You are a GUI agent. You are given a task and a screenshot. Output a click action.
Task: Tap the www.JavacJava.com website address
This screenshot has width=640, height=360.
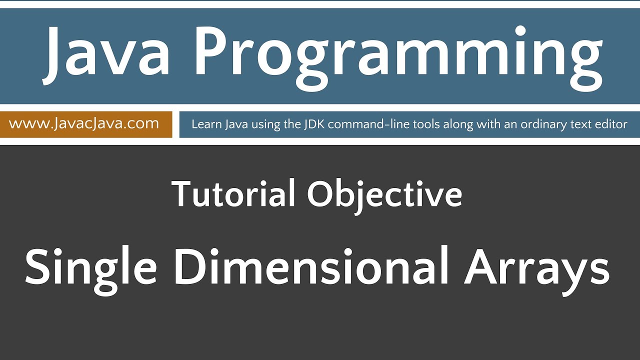pos(84,123)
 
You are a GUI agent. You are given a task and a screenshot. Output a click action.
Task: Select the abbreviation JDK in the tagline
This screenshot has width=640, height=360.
pos(314,124)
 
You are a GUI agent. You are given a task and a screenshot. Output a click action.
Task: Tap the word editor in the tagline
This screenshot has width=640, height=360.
pos(610,124)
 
